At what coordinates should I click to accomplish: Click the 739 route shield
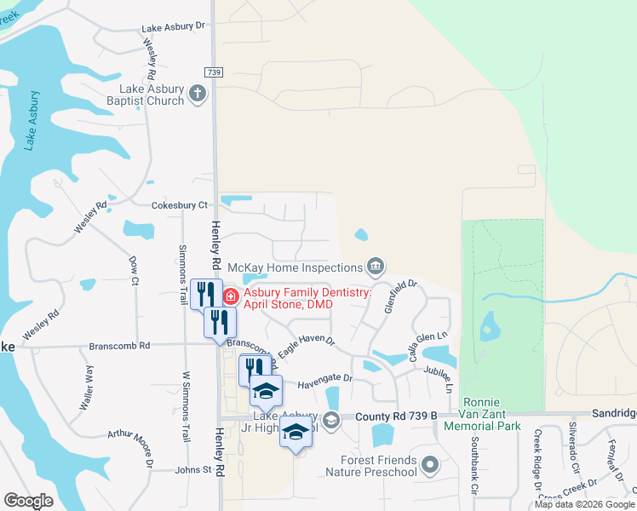point(213,72)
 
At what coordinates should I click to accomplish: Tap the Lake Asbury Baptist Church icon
point(198,93)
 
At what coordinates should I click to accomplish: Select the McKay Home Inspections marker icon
point(375,267)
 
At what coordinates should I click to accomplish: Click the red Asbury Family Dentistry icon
point(230,296)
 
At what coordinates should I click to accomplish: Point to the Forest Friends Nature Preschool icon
point(431,465)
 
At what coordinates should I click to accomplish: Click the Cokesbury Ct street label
point(180,205)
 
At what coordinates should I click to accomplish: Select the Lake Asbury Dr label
point(175,26)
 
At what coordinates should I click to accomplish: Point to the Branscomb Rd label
point(120,346)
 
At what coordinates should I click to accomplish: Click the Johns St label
point(192,469)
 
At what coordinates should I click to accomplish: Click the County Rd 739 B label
point(396,416)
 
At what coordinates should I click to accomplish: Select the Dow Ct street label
point(135,268)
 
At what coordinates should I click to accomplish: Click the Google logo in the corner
point(28,501)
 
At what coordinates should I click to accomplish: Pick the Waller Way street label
point(88,388)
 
